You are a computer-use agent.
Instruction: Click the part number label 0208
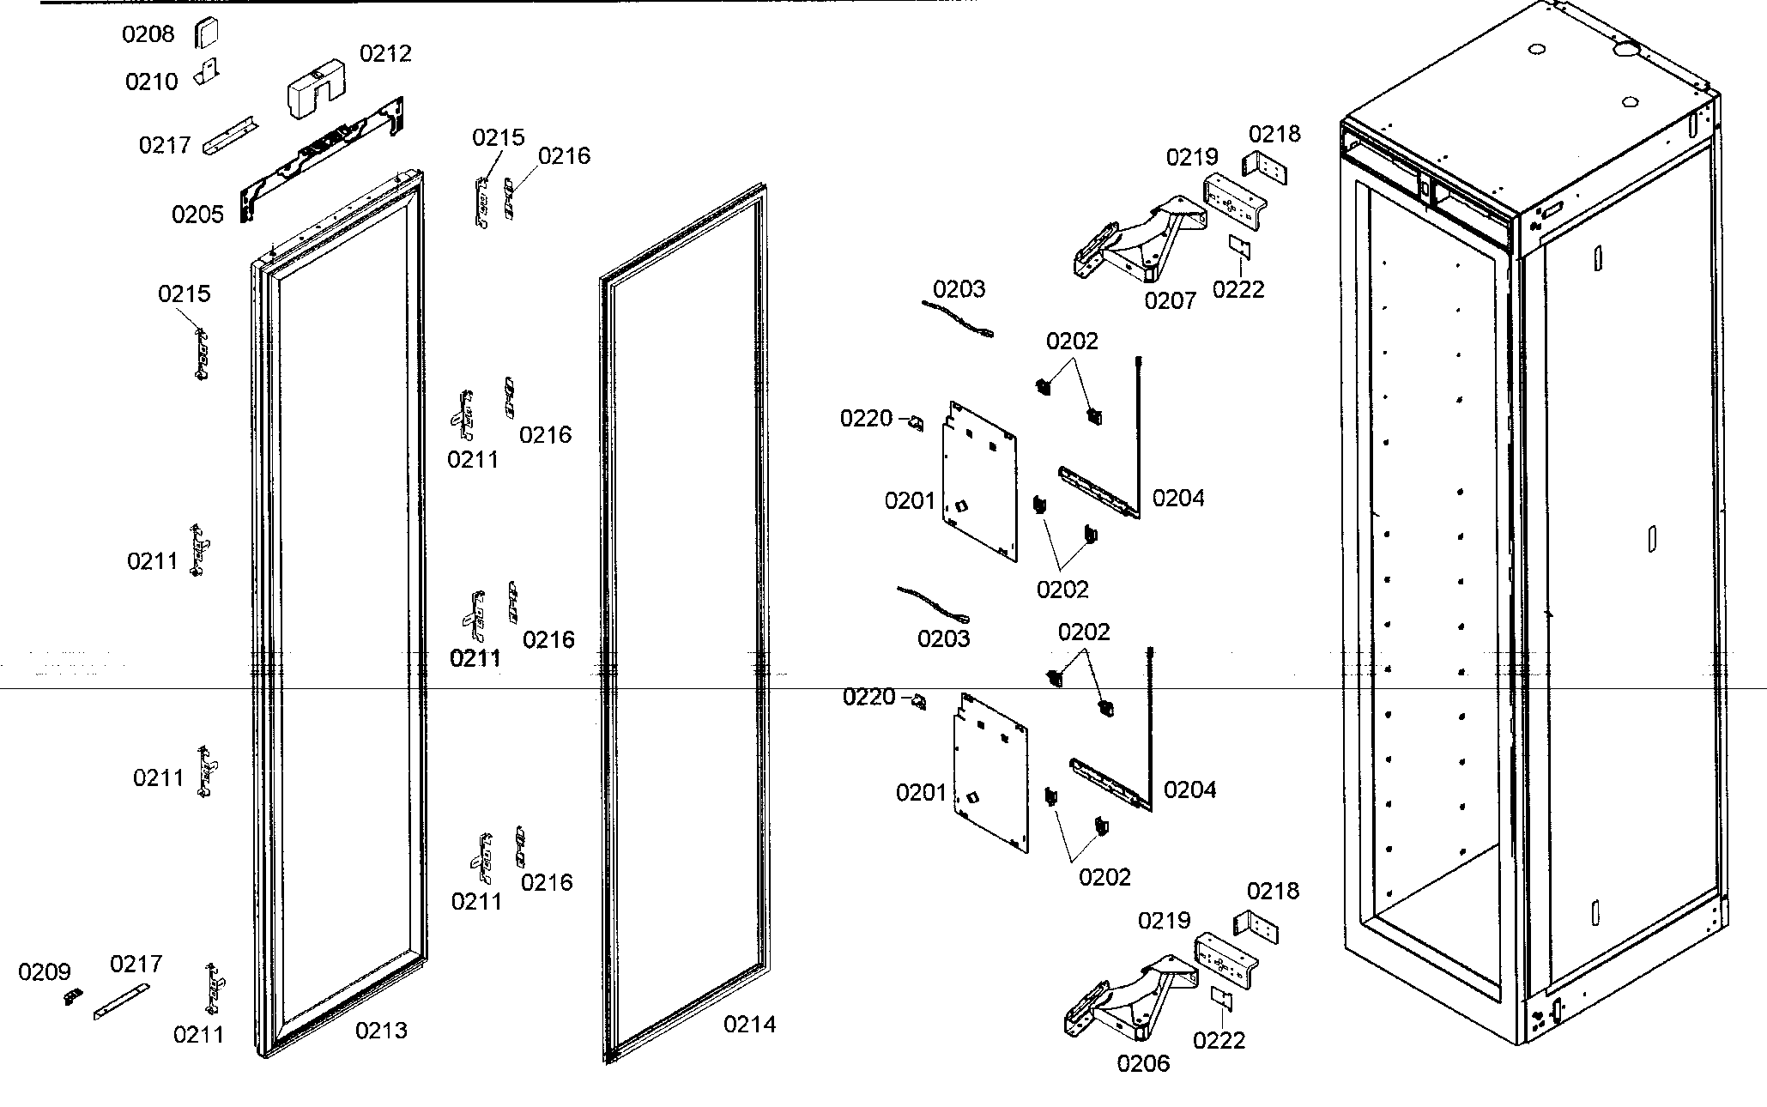[148, 34]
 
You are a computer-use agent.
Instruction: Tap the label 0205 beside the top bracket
[197, 215]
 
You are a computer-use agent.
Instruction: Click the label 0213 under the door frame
[381, 1031]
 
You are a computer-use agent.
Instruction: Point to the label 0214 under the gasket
[749, 1025]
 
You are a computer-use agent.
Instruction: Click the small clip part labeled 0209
[73, 996]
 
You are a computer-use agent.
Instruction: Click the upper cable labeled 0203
[958, 320]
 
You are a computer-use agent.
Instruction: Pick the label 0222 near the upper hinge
[1238, 290]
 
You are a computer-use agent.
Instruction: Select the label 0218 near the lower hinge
[1273, 892]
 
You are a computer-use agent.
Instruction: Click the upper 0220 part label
[866, 419]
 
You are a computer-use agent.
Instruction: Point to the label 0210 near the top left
[151, 82]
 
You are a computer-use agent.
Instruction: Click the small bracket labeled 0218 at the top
[1264, 168]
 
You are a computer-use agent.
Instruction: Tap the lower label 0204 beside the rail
[1189, 790]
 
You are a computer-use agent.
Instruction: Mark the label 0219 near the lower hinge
[1164, 921]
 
